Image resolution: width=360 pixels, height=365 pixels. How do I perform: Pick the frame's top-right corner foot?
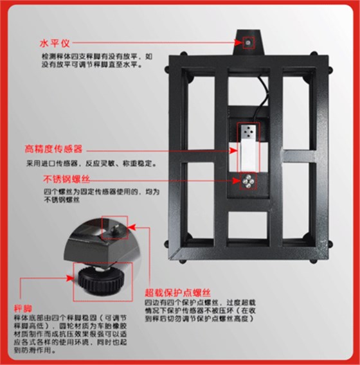(x=330, y=63)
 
